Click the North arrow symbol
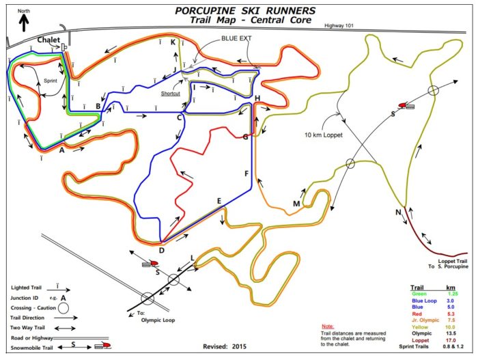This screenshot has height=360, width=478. pos(24,22)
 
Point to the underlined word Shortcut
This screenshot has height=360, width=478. pos(171,94)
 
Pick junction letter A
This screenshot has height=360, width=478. pos(62,149)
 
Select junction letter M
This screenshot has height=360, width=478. pos(296,204)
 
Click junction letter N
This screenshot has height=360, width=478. pos(398,212)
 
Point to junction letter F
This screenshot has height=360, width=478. pos(247,174)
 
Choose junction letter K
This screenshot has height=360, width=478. pos(173,42)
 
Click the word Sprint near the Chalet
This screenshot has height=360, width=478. pos(51,80)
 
